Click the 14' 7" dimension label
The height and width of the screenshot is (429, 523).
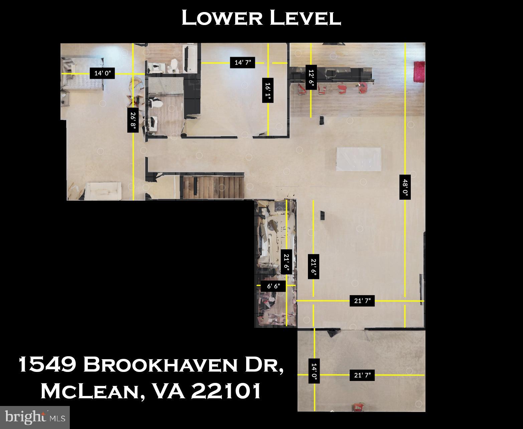pos(242,62)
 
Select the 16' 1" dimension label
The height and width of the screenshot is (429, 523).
pos(268,92)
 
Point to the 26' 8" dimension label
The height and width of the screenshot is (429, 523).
pos(133,120)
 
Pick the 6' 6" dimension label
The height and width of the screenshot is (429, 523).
pos(276,286)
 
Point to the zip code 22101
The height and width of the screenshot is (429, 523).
pos(226,391)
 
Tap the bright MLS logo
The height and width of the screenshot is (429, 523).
pos(35,417)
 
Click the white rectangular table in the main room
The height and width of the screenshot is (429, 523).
pos(359,159)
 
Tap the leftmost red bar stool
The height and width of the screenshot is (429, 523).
pos(302,89)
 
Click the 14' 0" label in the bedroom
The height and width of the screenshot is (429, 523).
pos(102,73)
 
